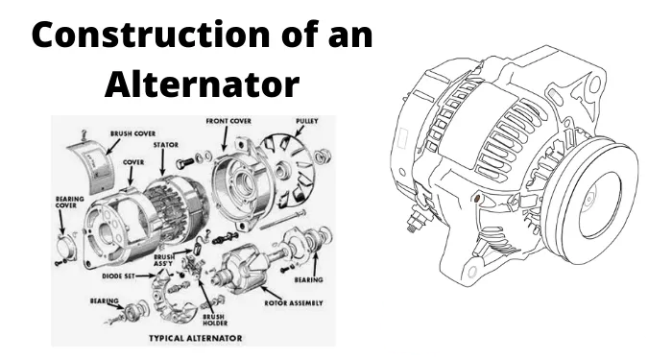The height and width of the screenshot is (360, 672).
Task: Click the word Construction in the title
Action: [x=150, y=35]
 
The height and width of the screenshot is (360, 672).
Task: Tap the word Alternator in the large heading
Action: [x=202, y=84]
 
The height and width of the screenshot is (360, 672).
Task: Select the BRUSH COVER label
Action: [x=132, y=133]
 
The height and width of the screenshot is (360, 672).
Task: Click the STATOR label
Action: [x=166, y=145]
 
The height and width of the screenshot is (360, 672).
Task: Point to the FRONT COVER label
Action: [x=228, y=121]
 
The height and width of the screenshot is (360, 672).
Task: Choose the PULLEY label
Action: [x=307, y=121]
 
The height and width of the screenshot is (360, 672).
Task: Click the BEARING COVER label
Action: [x=69, y=203]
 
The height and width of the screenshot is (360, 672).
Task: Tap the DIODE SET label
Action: [x=118, y=276]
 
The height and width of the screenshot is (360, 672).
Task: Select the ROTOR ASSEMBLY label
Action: [x=294, y=303]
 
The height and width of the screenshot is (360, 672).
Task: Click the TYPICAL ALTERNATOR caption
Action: [x=196, y=338]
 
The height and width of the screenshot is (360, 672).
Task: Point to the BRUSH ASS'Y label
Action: [x=163, y=260]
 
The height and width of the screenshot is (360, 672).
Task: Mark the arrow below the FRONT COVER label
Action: [x=225, y=138]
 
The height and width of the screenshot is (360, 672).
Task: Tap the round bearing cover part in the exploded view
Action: [x=66, y=246]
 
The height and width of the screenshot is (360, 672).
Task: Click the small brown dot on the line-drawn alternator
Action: [x=476, y=198]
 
